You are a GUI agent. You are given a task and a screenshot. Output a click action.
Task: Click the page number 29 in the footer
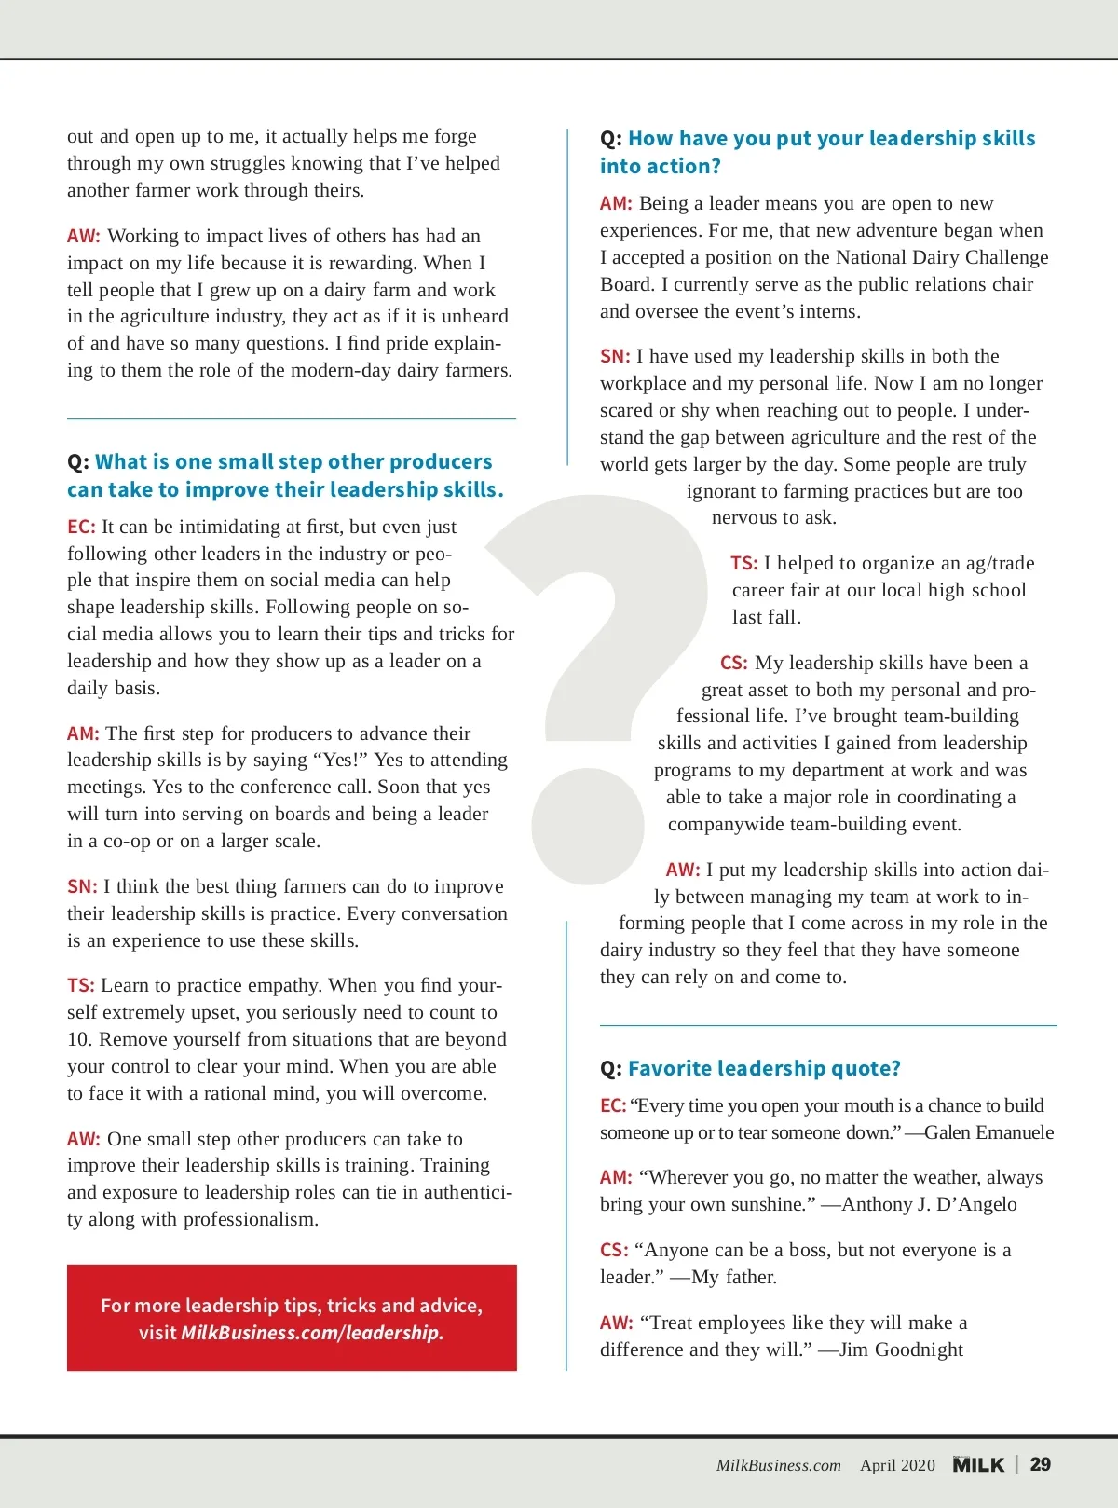point(1040,1464)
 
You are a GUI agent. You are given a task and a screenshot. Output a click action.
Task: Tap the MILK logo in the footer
point(978,1465)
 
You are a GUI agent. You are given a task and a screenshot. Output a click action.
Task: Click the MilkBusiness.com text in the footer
point(778,1465)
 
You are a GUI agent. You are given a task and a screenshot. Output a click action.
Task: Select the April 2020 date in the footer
point(897,1465)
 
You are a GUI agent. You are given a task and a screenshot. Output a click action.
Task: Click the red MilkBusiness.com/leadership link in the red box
point(312,1333)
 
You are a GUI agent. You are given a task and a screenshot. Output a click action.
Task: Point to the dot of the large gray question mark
point(587,824)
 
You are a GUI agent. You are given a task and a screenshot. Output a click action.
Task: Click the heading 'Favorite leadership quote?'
point(764,1068)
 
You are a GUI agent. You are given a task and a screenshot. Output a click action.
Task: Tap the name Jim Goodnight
point(901,1350)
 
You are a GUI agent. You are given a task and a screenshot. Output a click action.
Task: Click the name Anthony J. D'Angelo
point(929,1204)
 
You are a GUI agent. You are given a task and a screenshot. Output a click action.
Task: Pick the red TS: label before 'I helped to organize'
point(743,563)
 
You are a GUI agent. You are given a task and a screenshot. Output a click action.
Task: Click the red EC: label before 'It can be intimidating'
point(81,527)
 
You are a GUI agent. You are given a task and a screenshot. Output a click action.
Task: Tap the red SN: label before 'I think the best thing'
point(81,886)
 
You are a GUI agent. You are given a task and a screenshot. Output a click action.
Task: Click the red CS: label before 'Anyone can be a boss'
point(614,1250)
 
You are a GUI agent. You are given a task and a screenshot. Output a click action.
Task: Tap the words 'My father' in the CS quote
point(732,1277)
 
